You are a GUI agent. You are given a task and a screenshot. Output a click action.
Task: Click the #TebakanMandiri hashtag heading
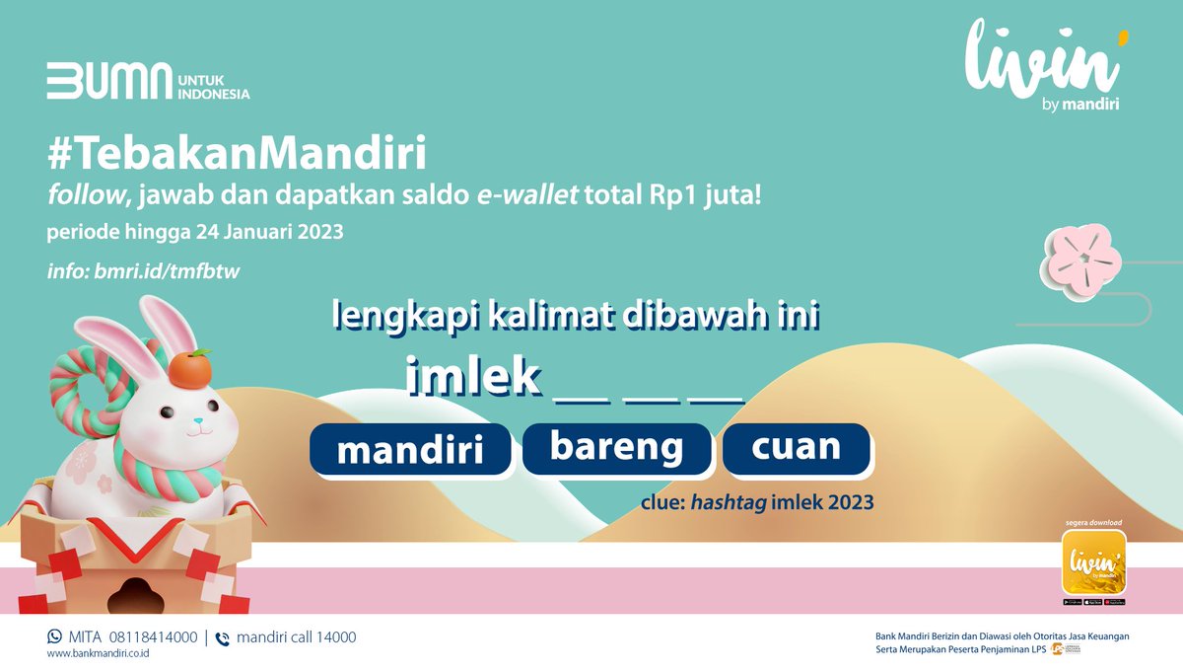pos(237,154)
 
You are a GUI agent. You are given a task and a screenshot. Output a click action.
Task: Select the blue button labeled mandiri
pos(410,450)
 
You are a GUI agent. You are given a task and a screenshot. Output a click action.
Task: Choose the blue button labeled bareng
pos(616,447)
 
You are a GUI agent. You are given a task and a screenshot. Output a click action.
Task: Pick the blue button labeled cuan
pos(796,447)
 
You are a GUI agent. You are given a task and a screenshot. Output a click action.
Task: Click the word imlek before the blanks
pos(474,376)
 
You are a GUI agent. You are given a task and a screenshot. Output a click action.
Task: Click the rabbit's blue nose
pos(198,421)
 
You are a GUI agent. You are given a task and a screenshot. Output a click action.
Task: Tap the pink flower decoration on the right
pos(1081,261)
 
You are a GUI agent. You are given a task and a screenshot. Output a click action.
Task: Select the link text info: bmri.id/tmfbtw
pos(143,270)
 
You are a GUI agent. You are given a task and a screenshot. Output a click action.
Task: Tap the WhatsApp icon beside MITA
pos(54,636)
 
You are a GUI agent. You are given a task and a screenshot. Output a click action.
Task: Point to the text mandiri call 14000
pos(296,637)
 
